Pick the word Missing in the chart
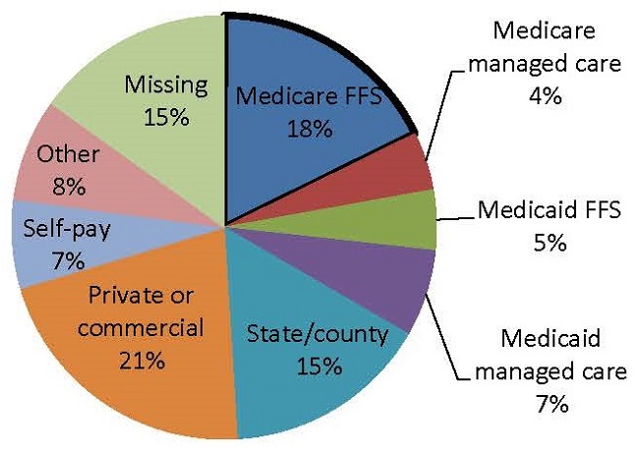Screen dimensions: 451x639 (166, 85)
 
